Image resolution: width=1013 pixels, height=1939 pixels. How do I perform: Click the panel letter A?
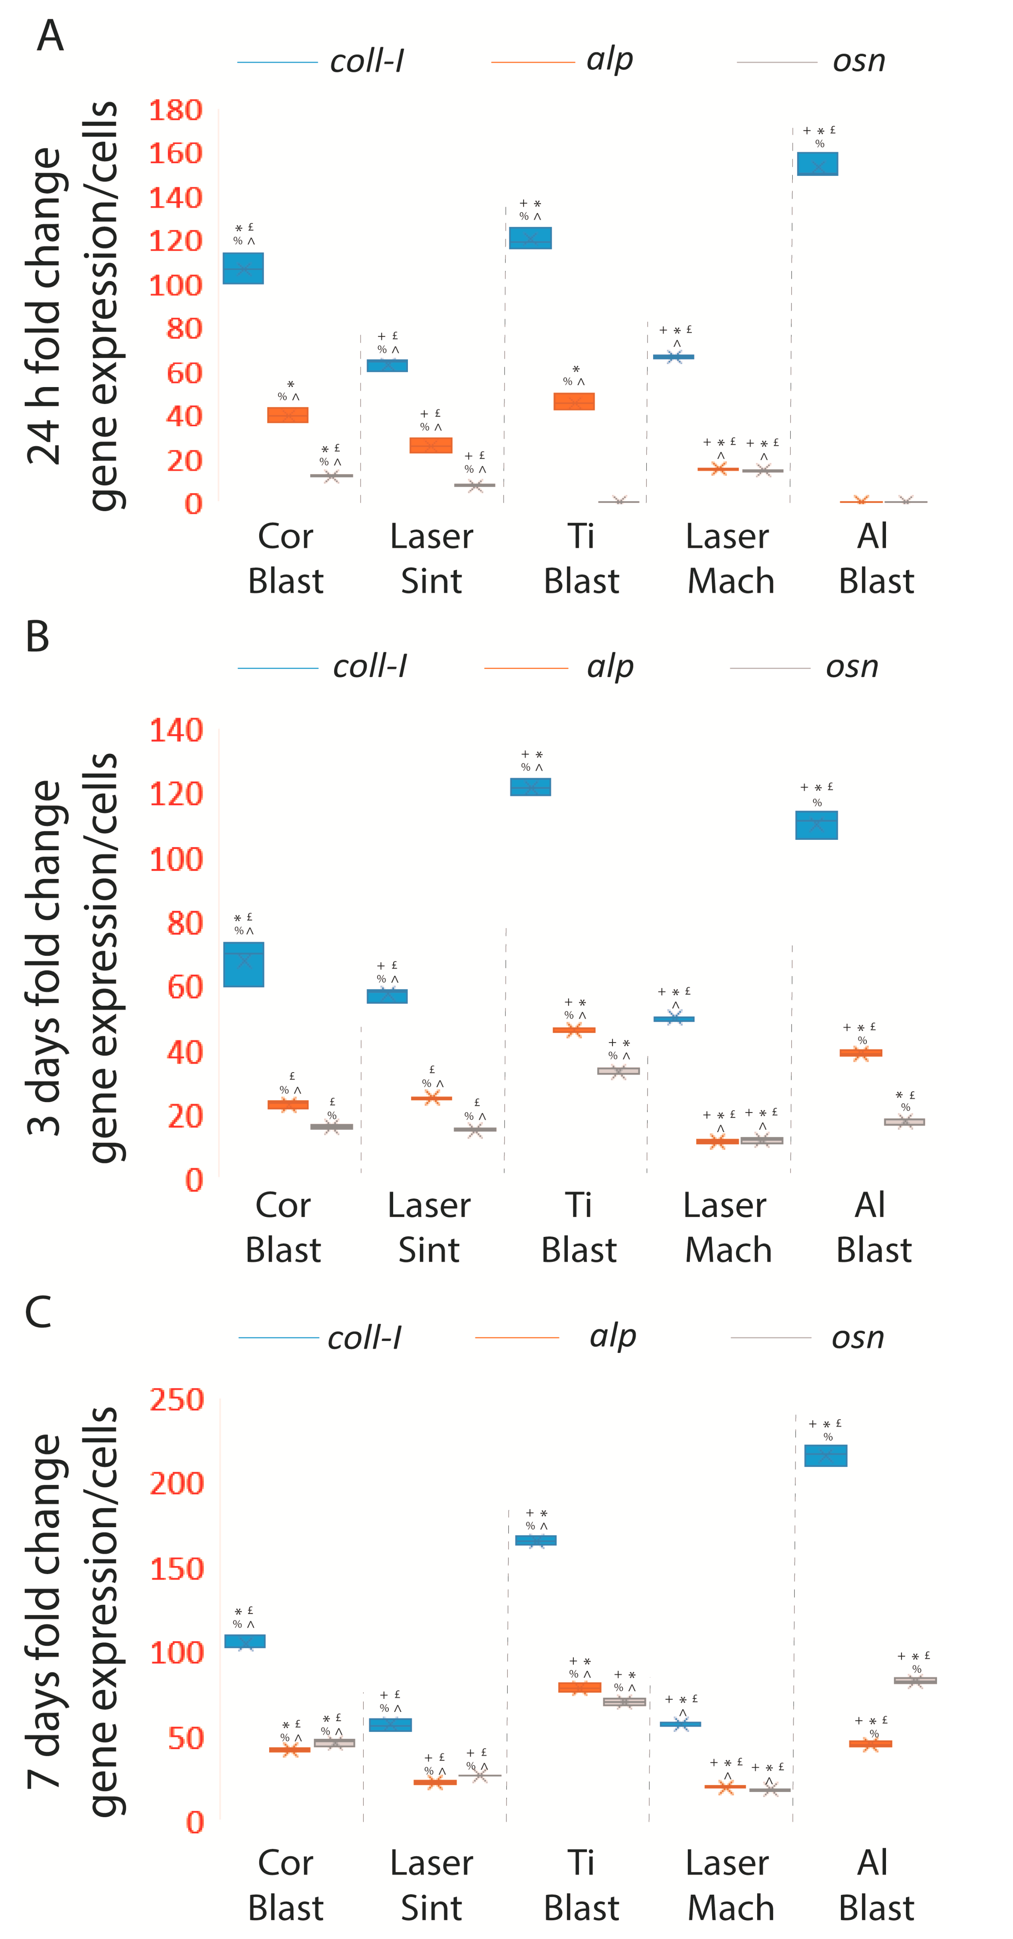click(50, 35)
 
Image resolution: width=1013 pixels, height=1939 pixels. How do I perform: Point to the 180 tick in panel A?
click(175, 111)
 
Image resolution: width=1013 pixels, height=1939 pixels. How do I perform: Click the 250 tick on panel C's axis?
click(176, 1400)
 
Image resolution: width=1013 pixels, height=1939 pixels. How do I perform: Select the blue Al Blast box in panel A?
click(817, 164)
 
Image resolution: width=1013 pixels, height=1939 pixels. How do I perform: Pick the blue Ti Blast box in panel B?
click(530, 787)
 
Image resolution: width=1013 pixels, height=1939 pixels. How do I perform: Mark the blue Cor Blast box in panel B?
click(244, 964)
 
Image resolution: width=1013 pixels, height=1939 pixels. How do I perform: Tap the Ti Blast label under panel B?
click(579, 1227)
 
